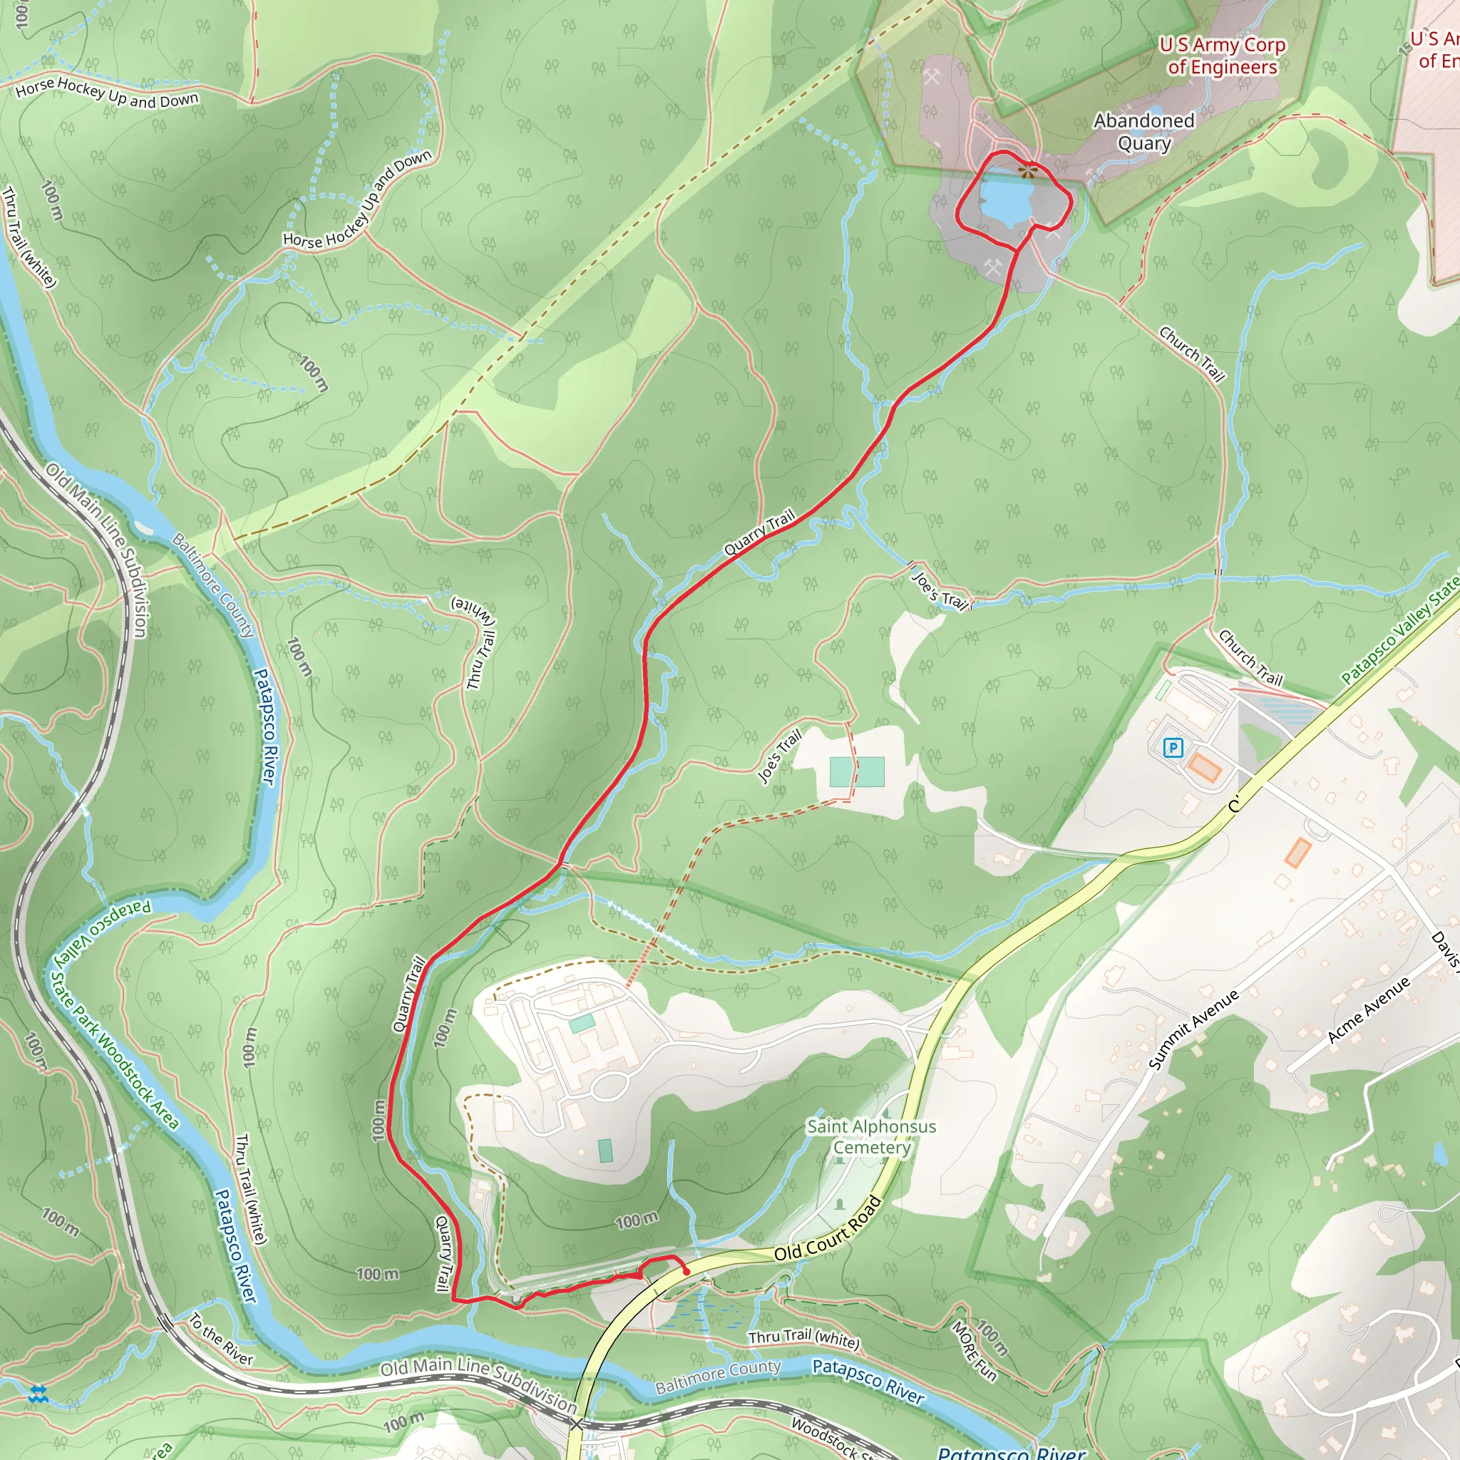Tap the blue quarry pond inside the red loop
click(x=1006, y=200)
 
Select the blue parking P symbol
click(x=1172, y=748)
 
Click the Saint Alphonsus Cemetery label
click(x=871, y=1136)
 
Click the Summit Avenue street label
click(x=1193, y=1029)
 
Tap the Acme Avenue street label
click(x=1369, y=1009)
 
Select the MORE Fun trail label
click(x=973, y=1350)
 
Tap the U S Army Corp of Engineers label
click(x=1222, y=56)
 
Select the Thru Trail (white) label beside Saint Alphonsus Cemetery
click(x=803, y=1338)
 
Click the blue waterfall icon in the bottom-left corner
click(x=38, y=1394)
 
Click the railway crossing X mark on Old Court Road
click(x=577, y=1424)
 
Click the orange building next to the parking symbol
click(x=1204, y=768)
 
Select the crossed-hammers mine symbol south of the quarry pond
click(x=993, y=266)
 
